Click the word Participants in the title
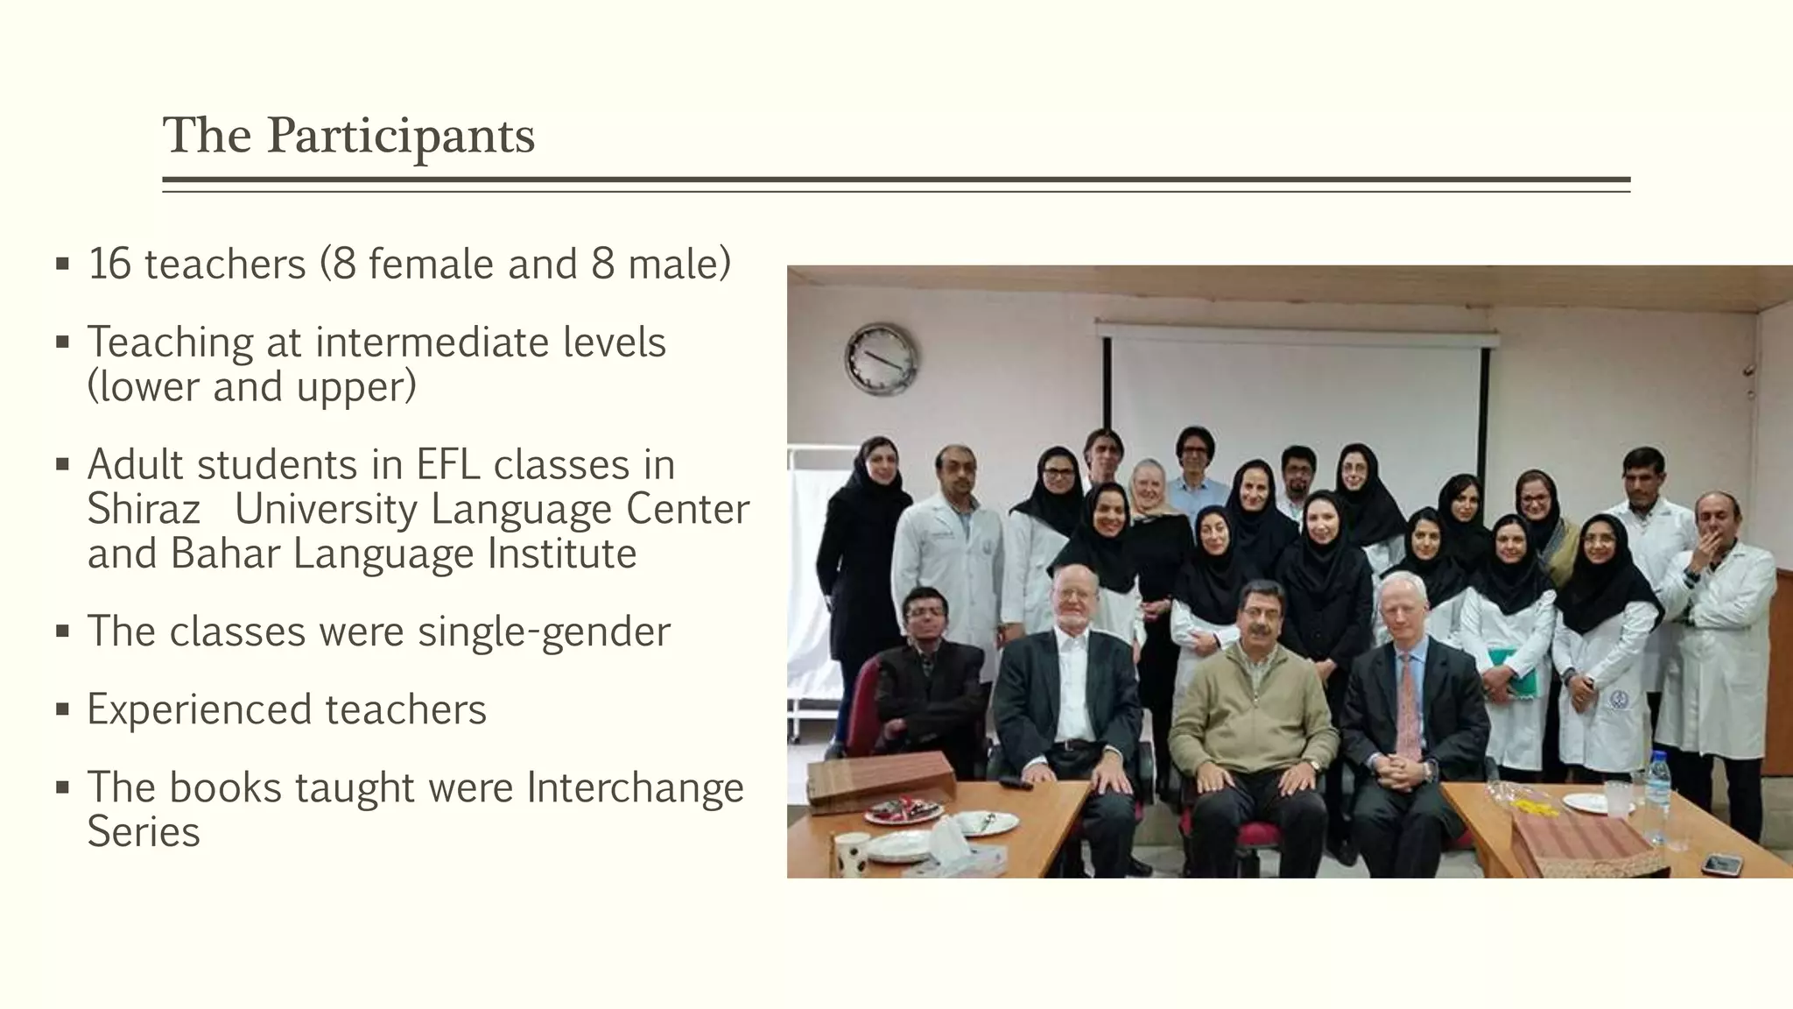(x=400, y=137)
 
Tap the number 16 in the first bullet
(x=109, y=265)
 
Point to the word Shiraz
(x=144, y=509)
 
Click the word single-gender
(x=544, y=632)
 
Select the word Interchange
(x=635, y=787)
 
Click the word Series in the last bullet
(x=144, y=832)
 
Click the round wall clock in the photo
(x=881, y=358)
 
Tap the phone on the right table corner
(x=1720, y=864)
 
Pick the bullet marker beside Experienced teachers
(x=62, y=709)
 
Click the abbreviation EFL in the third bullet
(x=448, y=465)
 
